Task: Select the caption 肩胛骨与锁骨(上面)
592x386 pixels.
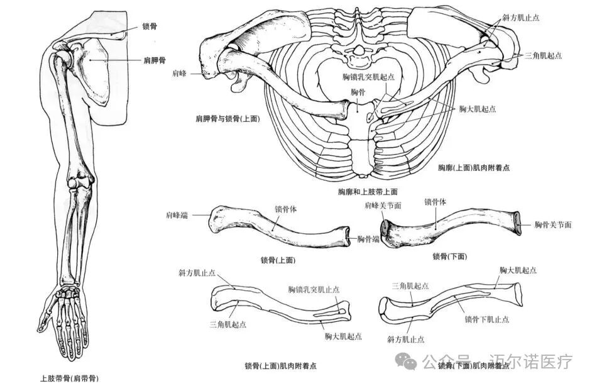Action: coord(227,118)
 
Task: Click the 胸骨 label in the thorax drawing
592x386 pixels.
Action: coord(358,92)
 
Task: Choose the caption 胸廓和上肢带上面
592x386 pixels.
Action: coord(368,191)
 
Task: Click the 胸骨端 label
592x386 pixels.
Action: coord(368,239)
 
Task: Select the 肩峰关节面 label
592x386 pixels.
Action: coord(383,205)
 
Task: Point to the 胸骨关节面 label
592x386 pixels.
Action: coord(553,224)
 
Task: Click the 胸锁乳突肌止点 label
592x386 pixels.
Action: coord(314,290)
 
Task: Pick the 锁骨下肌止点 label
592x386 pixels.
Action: coord(487,319)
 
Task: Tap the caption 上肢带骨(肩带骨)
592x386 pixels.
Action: coord(69,378)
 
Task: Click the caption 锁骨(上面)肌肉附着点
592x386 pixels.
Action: coord(280,366)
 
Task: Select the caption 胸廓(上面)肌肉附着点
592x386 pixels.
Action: coord(473,168)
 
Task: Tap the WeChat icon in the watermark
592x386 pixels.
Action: coord(409,361)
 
